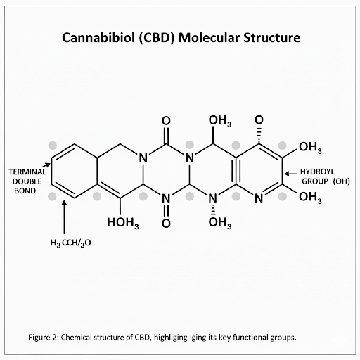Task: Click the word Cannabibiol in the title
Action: pyautogui.click(x=98, y=37)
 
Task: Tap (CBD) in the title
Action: pyautogui.click(x=157, y=38)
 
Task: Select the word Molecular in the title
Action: pyautogui.click(x=209, y=37)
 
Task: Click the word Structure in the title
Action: pyautogui.click(x=272, y=37)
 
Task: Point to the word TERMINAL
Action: pyautogui.click(x=27, y=172)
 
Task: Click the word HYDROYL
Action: pyautogui.click(x=317, y=172)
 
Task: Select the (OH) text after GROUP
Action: pyautogui.click(x=341, y=181)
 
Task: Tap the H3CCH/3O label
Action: pyautogui.click(x=70, y=243)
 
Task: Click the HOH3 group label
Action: pyautogui.click(x=123, y=222)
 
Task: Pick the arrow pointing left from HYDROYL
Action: pyautogui.click(x=290, y=174)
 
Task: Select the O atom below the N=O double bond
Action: pyautogui.click(x=166, y=223)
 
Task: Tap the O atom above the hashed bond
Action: pyautogui.click(x=259, y=120)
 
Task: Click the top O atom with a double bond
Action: pyautogui.click(x=166, y=121)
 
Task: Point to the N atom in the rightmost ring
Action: pyautogui.click(x=259, y=198)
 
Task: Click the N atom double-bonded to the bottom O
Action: pyautogui.click(x=166, y=199)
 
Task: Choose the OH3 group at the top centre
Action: pyautogui.click(x=220, y=121)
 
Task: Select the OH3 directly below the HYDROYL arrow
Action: pyautogui.click(x=310, y=197)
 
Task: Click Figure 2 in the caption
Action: pyautogui.click(x=43, y=337)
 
